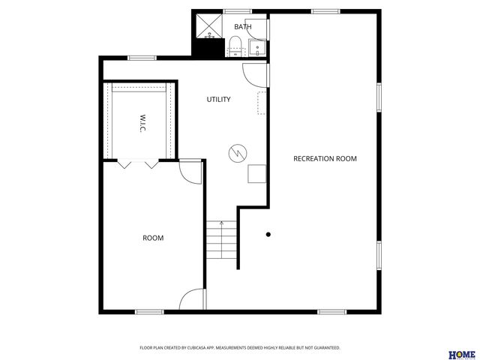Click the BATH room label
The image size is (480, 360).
point(242,27)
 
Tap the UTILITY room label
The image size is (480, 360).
point(218,99)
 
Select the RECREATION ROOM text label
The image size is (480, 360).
point(325,158)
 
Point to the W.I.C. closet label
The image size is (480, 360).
point(142,124)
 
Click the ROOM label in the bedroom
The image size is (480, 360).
point(153,238)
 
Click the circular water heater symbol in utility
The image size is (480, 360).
point(236,152)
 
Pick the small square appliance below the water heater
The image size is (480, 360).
point(257,174)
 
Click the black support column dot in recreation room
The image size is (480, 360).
point(268,235)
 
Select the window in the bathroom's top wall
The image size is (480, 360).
point(238,11)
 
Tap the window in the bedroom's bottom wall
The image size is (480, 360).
point(148,311)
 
